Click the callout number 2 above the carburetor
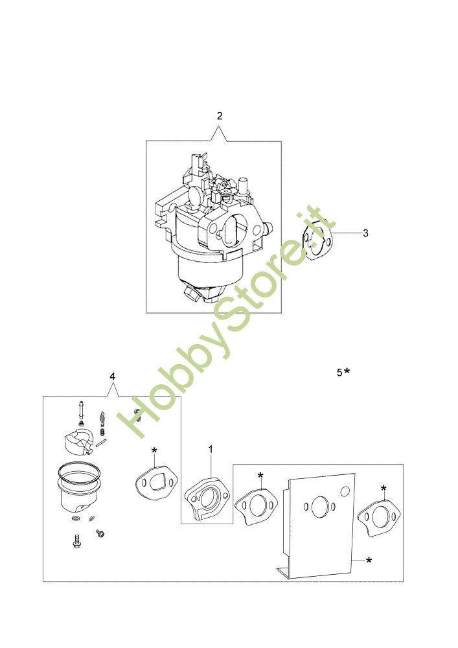[x=220, y=116]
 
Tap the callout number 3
[x=365, y=233]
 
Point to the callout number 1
[x=211, y=449]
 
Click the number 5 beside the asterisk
[x=339, y=373]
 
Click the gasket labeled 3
[x=317, y=240]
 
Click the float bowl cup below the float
[x=78, y=490]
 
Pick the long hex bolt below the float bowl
[x=76, y=540]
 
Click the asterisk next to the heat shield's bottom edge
[x=369, y=561]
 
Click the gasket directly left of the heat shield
[x=257, y=507]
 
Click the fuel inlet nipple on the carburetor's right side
[x=268, y=226]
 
